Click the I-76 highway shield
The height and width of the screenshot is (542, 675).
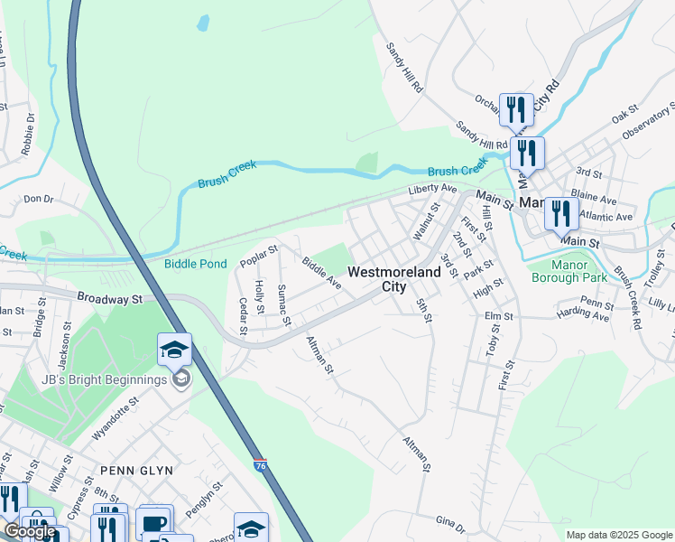tap(259, 462)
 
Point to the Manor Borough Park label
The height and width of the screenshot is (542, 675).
tap(569, 271)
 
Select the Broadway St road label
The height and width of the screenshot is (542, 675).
tap(111, 297)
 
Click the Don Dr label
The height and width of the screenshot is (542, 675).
tap(39, 199)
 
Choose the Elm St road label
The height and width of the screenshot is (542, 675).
tap(498, 317)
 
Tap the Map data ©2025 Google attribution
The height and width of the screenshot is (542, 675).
tap(620, 535)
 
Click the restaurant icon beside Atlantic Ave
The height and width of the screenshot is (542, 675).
tap(561, 214)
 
